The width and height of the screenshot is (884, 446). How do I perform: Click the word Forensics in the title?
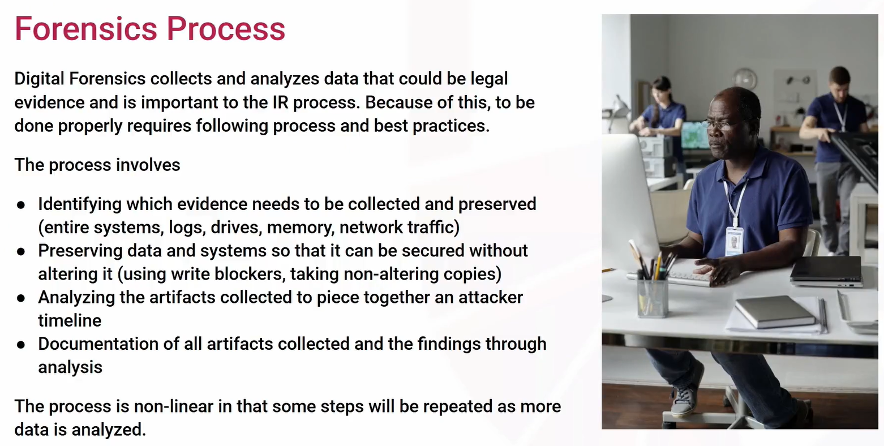85,29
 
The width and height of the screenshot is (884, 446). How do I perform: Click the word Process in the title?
226,29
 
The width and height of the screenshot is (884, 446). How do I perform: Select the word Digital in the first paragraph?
39,79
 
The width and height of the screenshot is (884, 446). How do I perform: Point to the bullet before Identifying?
21,205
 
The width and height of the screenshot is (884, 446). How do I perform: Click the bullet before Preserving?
21,251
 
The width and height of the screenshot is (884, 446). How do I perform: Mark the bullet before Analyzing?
21,298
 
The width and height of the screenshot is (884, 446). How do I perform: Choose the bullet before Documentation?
21,345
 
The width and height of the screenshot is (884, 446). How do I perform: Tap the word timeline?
70,320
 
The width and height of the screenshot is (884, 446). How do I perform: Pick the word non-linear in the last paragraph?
174,406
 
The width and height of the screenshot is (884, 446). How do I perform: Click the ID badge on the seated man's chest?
734,241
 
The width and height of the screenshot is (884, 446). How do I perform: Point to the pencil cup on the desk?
653,297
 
